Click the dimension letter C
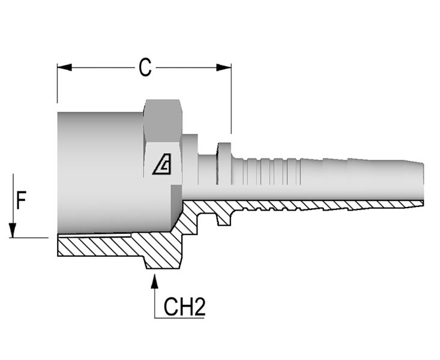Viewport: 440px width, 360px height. [145, 68]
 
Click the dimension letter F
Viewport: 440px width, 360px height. [21, 200]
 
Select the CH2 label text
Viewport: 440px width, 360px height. [184, 307]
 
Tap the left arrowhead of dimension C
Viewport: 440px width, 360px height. [64, 67]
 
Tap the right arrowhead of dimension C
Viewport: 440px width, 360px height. [224, 67]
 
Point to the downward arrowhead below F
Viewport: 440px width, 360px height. [13, 230]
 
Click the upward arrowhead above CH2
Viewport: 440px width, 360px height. [154, 281]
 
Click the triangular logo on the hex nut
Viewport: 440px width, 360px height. [162, 164]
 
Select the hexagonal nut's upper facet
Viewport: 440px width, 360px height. [163, 121]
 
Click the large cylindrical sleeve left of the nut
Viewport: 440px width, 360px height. [100, 172]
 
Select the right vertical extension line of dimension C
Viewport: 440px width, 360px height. [231, 99]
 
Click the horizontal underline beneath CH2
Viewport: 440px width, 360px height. [179, 318]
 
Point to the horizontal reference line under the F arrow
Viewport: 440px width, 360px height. [29, 238]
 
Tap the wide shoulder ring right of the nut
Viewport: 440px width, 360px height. [190, 160]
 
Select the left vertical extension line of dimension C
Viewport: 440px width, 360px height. [57, 83]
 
